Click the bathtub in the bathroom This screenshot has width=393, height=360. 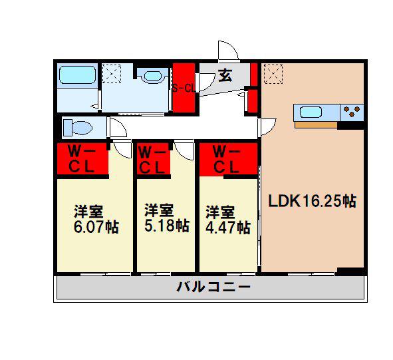tap(77, 75)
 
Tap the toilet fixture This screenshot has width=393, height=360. tap(78, 127)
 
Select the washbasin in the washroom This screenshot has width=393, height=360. tap(153, 75)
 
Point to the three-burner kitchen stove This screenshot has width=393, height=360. tap(352, 111)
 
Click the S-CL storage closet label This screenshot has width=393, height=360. tap(184, 88)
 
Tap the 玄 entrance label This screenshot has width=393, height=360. tap(225, 75)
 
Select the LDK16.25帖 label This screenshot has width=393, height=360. tap(313, 201)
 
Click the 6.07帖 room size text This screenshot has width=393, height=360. tap(96, 227)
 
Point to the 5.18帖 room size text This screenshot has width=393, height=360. tap(167, 226)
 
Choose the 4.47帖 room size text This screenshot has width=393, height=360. tap(228, 228)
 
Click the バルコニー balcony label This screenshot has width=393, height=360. tap(213, 287)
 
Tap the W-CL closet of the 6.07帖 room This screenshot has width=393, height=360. tap(82, 159)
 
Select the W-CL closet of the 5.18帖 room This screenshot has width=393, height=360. tap(154, 159)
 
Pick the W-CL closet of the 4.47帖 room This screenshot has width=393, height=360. tap(228, 159)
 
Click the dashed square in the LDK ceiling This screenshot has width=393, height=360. tap(273, 75)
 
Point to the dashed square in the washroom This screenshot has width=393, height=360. tap(112, 74)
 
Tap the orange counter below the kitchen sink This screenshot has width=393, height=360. tap(316, 124)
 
